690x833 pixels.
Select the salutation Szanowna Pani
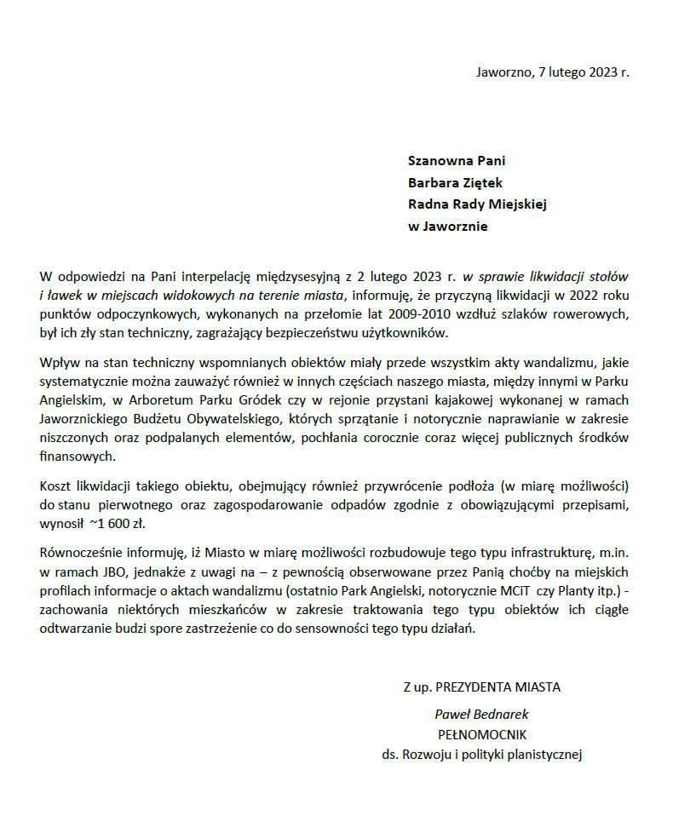coord(457,159)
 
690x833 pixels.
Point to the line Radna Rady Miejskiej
coord(477,204)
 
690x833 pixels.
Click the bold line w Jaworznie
coord(448,227)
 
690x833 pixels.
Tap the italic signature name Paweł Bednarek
coord(481,715)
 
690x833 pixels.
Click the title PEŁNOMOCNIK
coord(481,733)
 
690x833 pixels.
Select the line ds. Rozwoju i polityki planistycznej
coord(481,753)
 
